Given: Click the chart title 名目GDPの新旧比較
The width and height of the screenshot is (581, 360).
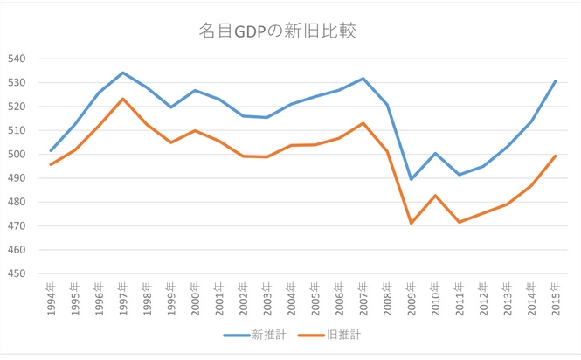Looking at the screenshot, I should (x=278, y=31).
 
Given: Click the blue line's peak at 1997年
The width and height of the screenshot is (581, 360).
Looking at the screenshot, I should (x=123, y=73).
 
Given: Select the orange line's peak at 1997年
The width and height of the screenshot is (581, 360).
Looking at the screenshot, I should (x=123, y=99).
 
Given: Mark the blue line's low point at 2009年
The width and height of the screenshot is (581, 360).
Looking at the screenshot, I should (x=411, y=179).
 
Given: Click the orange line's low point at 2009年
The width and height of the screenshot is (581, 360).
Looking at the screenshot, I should (x=411, y=223).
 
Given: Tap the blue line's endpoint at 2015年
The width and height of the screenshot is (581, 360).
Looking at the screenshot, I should (x=555, y=81).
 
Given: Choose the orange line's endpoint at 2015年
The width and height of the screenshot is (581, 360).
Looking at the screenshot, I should (x=555, y=156).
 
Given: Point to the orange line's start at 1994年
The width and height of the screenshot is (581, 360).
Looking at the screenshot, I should (x=51, y=164).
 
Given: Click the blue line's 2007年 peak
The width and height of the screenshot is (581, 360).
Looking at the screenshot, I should (x=363, y=79).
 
